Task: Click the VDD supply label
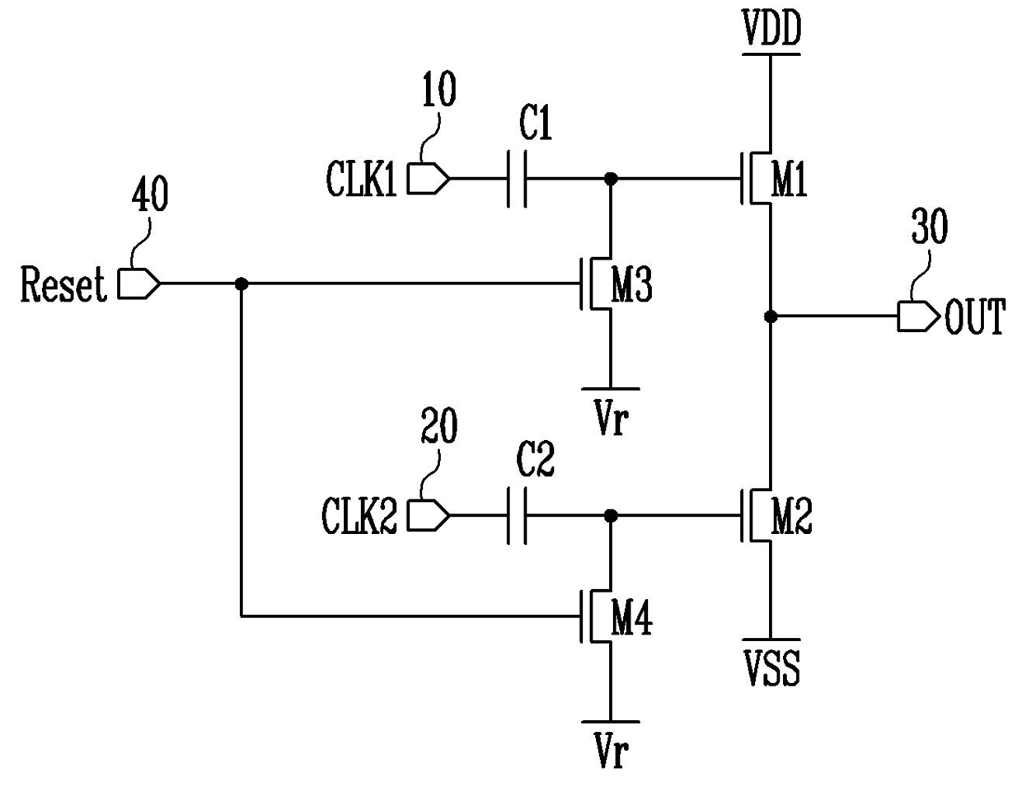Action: coord(771,28)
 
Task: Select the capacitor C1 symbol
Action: coord(517,179)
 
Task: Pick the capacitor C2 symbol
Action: coord(517,516)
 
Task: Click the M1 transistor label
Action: coord(790,178)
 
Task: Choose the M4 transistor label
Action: coord(631,617)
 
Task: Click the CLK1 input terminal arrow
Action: coord(428,179)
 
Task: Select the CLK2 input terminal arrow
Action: coord(428,516)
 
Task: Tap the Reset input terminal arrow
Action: coord(138,283)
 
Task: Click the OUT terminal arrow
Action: coord(918,316)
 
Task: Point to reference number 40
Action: coord(149,195)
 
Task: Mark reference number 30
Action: coord(930,227)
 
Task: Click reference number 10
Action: coord(439,89)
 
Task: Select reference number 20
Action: coord(438,425)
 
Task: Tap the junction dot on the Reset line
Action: coord(241,284)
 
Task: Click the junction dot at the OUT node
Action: coord(771,316)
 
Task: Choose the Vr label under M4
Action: coord(611,751)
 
